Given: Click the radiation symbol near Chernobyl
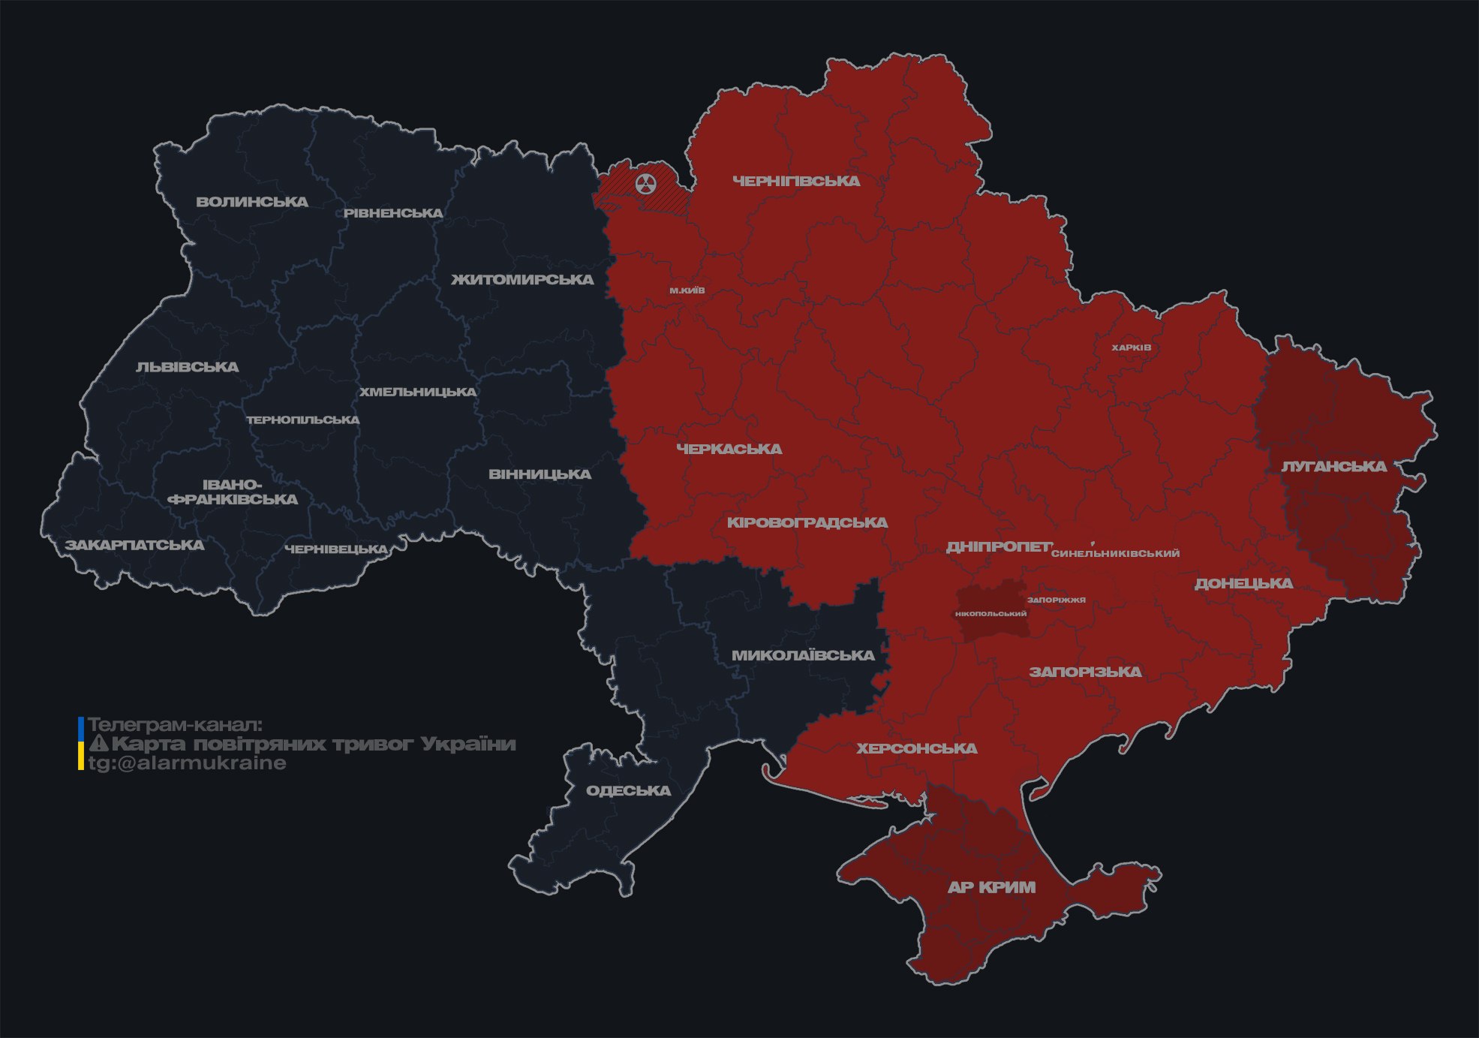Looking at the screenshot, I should (645, 184).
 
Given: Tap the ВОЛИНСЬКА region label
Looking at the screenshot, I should (252, 202).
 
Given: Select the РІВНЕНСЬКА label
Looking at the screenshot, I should (393, 213).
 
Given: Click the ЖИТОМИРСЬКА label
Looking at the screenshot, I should (522, 280).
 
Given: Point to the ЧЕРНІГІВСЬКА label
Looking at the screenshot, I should (796, 181).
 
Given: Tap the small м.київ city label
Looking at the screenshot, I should (687, 290).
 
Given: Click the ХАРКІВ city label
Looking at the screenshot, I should (1131, 348).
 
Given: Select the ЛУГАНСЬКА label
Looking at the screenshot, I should (1333, 467).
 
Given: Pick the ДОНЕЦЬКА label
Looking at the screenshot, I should (1243, 583).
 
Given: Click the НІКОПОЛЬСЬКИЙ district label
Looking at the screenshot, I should (991, 614).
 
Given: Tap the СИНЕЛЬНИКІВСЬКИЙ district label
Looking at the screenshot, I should (1115, 553).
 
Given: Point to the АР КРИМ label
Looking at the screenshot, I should (991, 887).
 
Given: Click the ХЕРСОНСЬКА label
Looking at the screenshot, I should (917, 748).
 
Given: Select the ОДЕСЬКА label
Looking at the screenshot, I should (628, 790).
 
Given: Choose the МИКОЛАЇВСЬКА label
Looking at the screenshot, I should (803, 655).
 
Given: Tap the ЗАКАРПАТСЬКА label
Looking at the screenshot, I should (134, 545).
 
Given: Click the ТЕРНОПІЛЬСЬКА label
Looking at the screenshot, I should (303, 420).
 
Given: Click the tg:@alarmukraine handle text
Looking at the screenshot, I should (188, 763).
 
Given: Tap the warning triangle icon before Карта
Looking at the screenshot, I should (98, 744).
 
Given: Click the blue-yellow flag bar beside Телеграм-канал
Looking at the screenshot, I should (81, 744).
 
